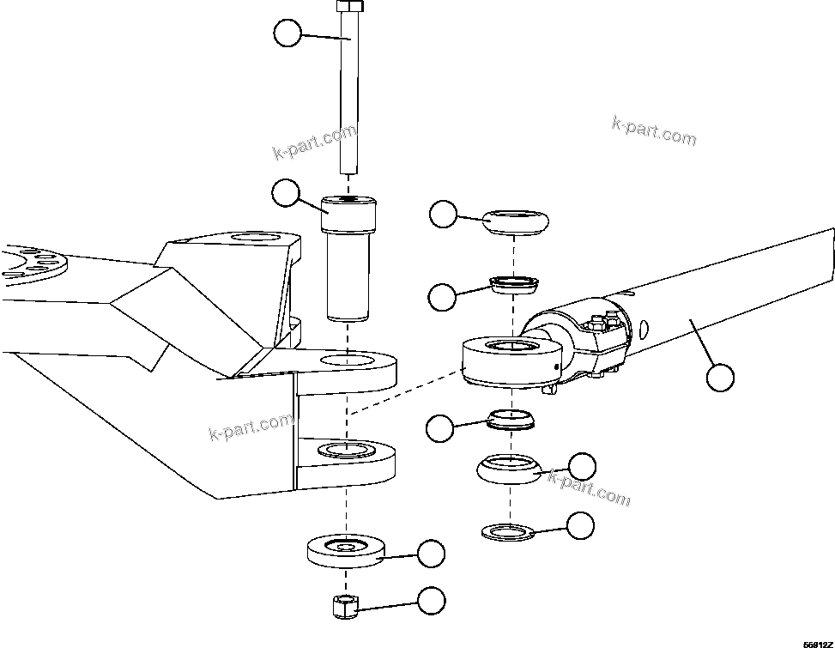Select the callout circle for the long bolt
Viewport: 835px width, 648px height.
pos(287,34)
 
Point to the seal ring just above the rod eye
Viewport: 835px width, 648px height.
pos(513,283)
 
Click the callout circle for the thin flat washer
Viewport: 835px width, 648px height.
pos(581,524)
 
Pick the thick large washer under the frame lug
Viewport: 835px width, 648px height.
pos(346,552)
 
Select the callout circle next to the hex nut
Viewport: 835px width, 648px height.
pos(432,601)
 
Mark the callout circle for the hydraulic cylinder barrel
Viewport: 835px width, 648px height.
pos(721,377)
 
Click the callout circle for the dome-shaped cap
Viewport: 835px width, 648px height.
pos(444,215)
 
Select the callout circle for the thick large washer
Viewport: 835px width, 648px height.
pos(432,554)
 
